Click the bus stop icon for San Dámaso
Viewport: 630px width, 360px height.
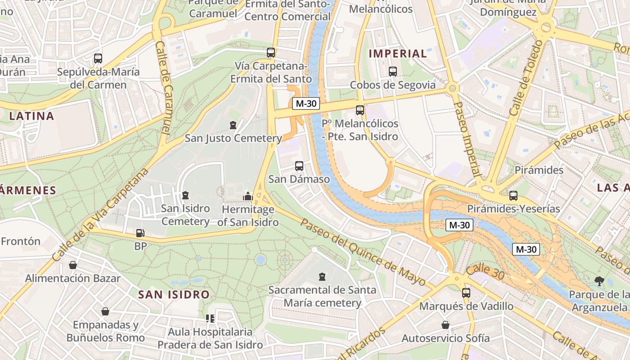(x=299, y=166)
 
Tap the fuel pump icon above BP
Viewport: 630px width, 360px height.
(x=140, y=233)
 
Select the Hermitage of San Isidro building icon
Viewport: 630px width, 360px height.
(x=247, y=196)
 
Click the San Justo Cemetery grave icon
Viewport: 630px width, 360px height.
(x=233, y=125)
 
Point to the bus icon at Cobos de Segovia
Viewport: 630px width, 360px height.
(x=392, y=71)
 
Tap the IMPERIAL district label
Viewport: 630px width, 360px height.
(x=398, y=54)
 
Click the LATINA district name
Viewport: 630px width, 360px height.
(x=31, y=116)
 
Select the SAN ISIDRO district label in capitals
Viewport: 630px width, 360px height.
(x=174, y=295)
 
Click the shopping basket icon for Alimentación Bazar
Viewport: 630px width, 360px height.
(x=72, y=265)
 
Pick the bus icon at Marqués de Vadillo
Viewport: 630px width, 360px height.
(x=466, y=292)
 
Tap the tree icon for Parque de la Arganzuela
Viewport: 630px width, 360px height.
(x=599, y=281)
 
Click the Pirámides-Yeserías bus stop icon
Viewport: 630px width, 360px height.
(x=513, y=196)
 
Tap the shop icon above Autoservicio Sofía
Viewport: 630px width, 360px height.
(x=445, y=325)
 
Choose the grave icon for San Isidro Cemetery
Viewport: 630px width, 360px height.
(x=185, y=195)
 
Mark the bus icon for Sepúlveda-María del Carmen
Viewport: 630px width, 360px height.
(x=98, y=58)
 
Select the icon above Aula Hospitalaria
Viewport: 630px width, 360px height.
(x=210, y=319)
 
